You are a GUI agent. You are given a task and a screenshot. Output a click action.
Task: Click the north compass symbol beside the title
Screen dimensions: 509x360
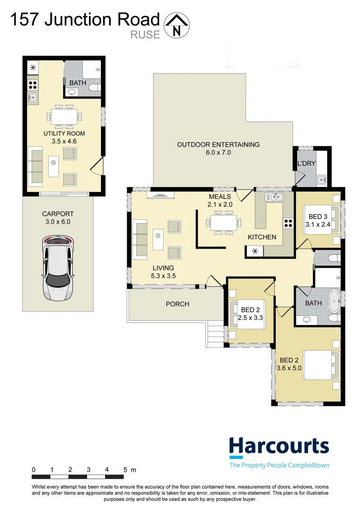177,25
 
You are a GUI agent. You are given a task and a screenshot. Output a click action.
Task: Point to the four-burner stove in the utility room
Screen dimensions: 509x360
33,85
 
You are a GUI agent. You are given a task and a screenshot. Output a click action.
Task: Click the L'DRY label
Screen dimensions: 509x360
306,164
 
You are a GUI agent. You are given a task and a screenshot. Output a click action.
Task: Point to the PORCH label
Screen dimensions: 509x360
177,304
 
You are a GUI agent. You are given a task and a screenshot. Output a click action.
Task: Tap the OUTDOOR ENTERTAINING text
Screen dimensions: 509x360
218,144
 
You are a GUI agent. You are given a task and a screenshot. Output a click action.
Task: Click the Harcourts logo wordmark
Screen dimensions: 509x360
278,446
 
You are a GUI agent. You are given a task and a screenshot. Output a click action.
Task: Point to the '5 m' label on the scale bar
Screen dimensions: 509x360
129,469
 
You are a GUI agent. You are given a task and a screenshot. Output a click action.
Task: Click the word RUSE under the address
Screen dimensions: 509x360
146,34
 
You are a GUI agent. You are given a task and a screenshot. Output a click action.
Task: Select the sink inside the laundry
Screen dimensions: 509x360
322,179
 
